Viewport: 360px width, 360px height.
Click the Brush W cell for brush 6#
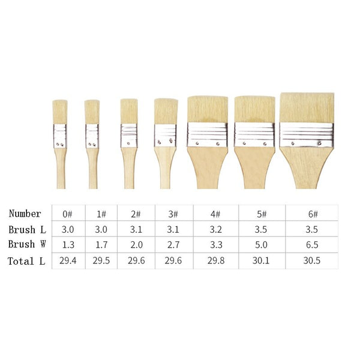click(312, 245)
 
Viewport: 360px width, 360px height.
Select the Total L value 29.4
click(68, 260)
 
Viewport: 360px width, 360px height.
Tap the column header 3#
click(173, 214)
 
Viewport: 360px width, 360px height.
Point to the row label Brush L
click(28, 230)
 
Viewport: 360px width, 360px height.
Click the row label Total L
click(26, 261)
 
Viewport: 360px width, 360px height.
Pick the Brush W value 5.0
click(261, 245)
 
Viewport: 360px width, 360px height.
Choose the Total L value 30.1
click(261, 260)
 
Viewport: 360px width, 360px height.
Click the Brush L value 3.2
click(216, 229)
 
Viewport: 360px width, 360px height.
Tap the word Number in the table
click(25, 214)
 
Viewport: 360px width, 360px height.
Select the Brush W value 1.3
click(68, 245)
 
